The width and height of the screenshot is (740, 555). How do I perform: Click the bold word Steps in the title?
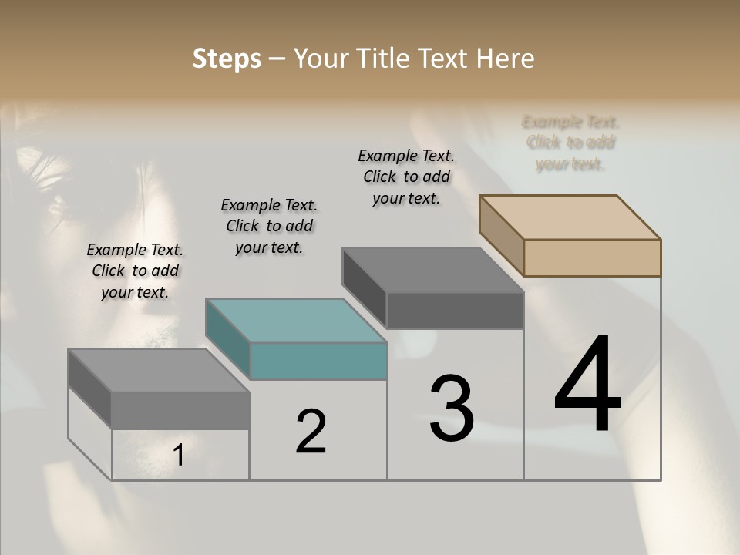[x=227, y=59]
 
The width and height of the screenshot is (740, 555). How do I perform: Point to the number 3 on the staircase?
[x=452, y=409]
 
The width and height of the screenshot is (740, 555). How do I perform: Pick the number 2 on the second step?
[x=311, y=431]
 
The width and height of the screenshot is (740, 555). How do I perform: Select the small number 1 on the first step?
[x=179, y=456]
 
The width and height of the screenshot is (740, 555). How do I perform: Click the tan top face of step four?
[x=570, y=217]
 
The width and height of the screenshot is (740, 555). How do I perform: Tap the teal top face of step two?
[x=296, y=320]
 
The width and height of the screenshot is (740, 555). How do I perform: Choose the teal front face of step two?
[x=318, y=361]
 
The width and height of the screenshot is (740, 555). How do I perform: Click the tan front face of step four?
[x=592, y=257]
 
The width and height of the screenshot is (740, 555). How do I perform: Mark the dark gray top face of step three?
[x=432, y=270]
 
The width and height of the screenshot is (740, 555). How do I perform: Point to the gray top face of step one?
[x=158, y=370]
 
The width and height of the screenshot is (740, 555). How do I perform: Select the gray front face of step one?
[x=180, y=410]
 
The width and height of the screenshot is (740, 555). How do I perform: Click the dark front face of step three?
[x=455, y=310]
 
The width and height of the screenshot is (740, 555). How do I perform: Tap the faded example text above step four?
[x=570, y=143]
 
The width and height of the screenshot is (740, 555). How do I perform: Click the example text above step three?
[x=406, y=177]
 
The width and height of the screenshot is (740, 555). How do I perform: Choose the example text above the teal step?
[x=269, y=226]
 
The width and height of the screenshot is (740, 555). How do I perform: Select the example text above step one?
[x=135, y=271]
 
